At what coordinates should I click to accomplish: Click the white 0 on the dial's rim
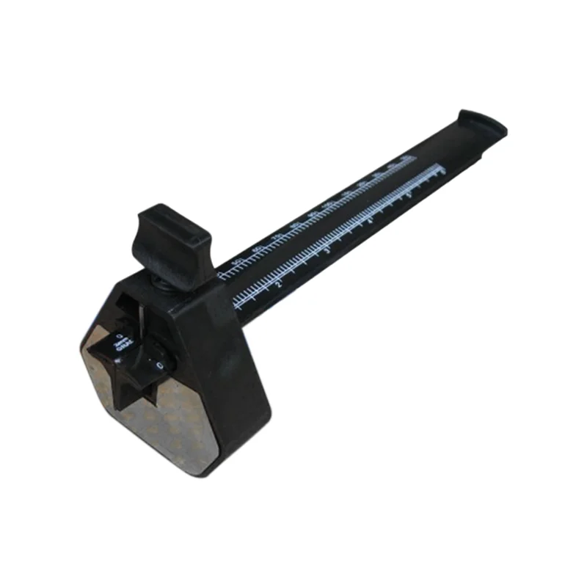[159, 365]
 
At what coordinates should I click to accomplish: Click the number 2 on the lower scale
[279, 283]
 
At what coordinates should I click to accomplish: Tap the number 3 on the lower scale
[327, 251]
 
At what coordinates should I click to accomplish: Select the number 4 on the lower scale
[371, 221]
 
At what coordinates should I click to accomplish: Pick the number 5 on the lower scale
[409, 194]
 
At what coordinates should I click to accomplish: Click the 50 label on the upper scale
[237, 263]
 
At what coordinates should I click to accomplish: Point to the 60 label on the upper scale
[257, 250]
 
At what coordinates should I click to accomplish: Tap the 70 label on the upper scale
[277, 238]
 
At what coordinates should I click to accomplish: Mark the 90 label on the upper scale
[313, 214]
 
